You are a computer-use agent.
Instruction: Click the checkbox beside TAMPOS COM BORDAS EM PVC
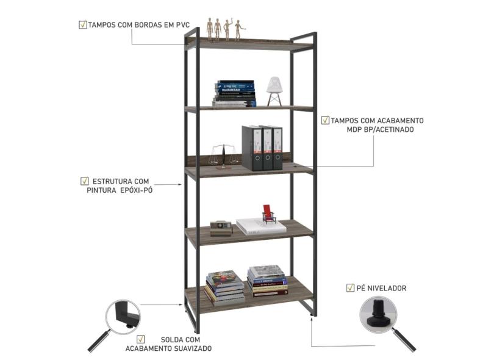click(82, 25)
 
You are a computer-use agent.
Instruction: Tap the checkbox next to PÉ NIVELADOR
click(350, 287)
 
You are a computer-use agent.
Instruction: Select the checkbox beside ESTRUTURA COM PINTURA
click(85, 181)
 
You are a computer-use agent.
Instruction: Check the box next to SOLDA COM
click(141, 339)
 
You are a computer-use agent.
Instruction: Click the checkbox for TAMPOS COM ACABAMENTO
click(326, 120)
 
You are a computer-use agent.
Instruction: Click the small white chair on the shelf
click(274, 91)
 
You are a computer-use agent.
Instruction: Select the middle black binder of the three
click(267, 148)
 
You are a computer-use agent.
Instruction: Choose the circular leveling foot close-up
click(378, 314)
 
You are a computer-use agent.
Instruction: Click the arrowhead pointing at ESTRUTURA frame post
click(181, 184)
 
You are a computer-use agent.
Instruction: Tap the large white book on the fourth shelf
click(261, 226)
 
